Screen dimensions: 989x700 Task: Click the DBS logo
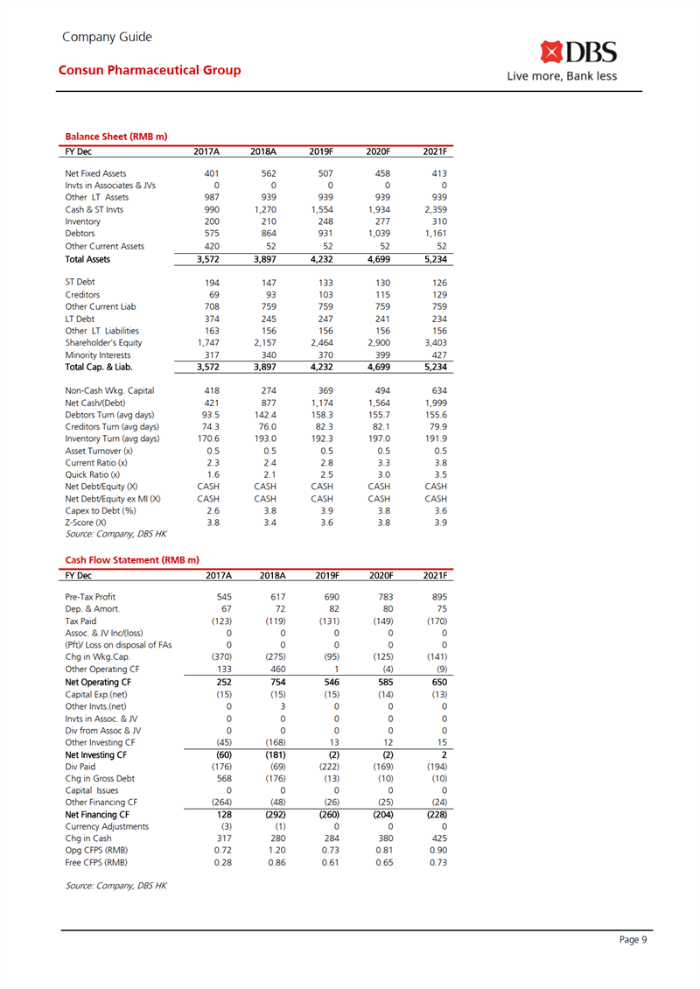[x=578, y=54]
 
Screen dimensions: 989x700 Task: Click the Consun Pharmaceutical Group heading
[x=150, y=70]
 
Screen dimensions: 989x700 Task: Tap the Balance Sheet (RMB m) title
[x=116, y=137]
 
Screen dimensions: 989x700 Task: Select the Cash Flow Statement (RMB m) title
[x=132, y=559]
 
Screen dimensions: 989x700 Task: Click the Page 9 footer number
[x=633, y=940]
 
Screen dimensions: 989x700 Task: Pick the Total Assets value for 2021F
[x=434, y=260]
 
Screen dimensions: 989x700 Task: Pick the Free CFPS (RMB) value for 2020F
[x=381, y=862]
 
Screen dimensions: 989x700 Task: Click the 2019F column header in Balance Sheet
[x=323, y=151]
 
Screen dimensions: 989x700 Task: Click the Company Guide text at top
[x=107, y=37]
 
